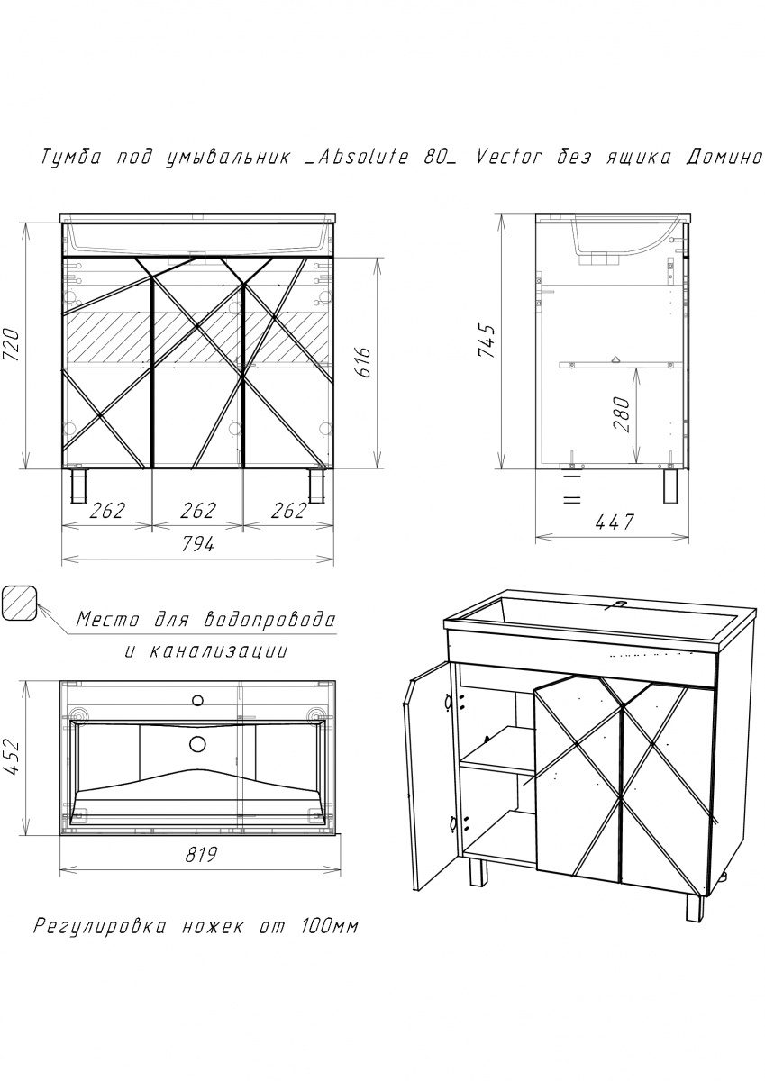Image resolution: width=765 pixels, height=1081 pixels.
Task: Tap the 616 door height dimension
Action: [x=362, y=362]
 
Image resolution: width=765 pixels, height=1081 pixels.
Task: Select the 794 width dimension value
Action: [x=198, y=544]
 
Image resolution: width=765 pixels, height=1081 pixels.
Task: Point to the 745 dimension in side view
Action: [x=487, y=341]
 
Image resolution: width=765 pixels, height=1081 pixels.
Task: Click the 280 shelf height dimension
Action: [x=622, y=414]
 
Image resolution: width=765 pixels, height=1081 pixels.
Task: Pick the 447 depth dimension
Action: [x=614, y=522]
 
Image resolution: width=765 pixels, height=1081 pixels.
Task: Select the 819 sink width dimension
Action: [x=201, y=855]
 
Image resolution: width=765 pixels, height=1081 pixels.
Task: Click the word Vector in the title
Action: [x=509, y=158]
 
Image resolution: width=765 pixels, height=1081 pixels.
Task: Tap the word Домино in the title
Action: [x=723, y=158]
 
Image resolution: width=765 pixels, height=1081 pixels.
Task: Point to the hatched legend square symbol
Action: [x=19, y=604]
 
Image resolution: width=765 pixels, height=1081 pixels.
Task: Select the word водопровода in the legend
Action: [x=268, y=620]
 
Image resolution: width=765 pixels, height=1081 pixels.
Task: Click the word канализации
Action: [x=220, y=652]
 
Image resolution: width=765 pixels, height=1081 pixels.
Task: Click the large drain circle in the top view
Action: [x=197, y=744]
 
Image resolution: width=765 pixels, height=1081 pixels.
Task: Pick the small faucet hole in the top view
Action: [x=197, y=700]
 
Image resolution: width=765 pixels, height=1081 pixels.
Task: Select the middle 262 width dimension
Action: [x=198, y=511]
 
